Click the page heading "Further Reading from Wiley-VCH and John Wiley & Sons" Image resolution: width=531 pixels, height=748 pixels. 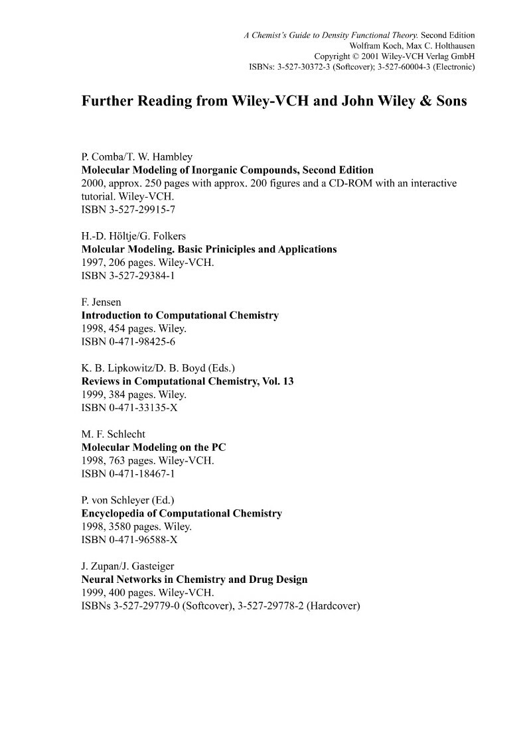point(274,102)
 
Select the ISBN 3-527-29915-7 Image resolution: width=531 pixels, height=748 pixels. point(128,210)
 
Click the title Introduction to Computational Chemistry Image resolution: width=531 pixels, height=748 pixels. point(180,316)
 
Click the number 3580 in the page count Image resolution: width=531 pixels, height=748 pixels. point(121,527)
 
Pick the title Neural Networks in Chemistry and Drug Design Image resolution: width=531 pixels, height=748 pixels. point(194,579)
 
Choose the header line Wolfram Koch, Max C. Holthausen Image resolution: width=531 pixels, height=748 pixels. point(412,46)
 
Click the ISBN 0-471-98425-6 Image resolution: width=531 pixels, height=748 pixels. point(128,342)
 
